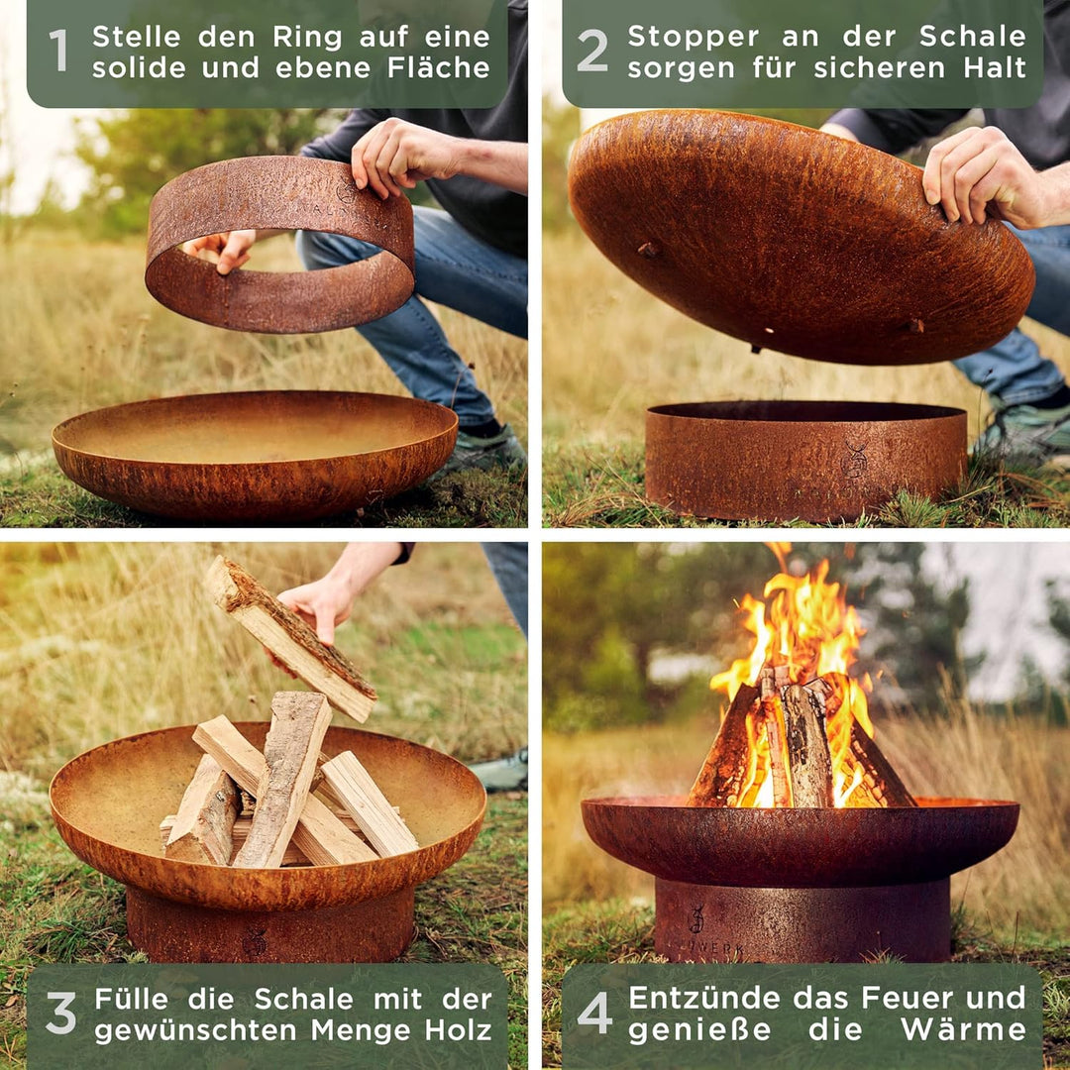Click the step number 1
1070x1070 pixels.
pos(59,52)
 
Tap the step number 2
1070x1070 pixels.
pos(592,52)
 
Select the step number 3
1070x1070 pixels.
pos(60,1014)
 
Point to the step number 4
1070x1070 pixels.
pos(594,1014)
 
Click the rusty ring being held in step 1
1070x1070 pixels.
pos(279,243)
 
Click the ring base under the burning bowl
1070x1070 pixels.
pos(802,920)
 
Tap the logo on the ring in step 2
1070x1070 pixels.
pos(854,461)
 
